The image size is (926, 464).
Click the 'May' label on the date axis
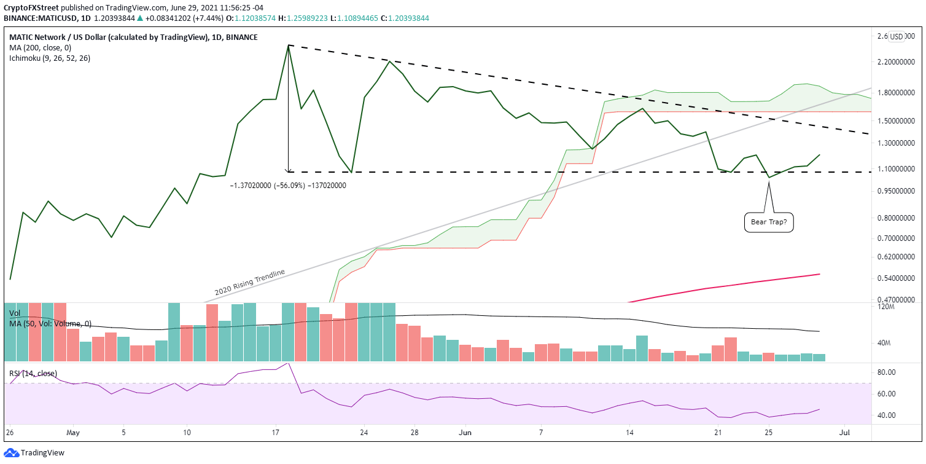coord(73,432)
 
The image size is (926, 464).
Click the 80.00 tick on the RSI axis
coord(886,372)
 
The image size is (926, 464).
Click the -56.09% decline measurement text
coord(288,185)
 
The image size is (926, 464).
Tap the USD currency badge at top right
coord(897,37)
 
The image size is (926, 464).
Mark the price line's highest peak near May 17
coord(288,45)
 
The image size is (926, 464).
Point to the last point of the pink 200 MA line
coord(820,274)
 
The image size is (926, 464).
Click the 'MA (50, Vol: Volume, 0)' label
coord(50,323)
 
